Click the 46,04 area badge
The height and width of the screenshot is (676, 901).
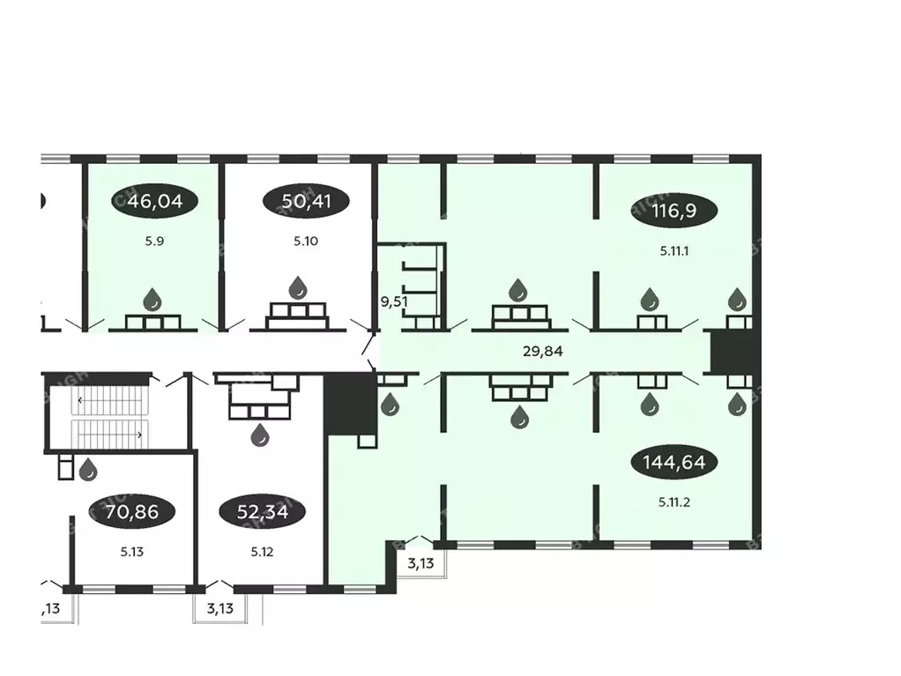click(x=154, y=201)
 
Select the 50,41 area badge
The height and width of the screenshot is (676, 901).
click(x=307, y=201)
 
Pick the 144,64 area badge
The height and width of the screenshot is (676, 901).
click(x=674, y=461)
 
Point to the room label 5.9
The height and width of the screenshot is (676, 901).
click(x=154, y=240)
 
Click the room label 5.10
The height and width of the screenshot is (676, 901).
click(x=307, y=240)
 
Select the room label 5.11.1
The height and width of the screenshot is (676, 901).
click(x=674, y=249)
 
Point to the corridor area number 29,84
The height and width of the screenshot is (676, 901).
click(x=541, y=351)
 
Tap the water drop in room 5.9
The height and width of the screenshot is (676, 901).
click(x=153, y=300)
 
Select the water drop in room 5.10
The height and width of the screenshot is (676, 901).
click(x=299, y=286)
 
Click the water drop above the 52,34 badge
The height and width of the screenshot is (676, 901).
click(x=260, y=435)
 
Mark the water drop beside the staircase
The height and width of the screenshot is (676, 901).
click(x=88, y=470)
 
